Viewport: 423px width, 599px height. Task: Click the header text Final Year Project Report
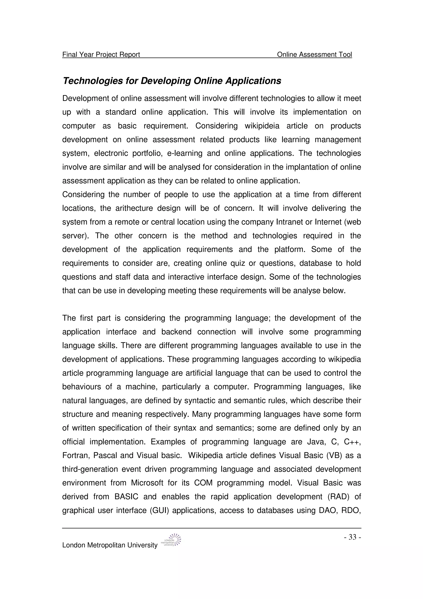point(101,55)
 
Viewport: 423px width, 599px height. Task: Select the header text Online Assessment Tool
point(314,55)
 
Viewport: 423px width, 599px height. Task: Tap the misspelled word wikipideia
point(262,126)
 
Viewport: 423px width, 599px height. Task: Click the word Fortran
point(75,456)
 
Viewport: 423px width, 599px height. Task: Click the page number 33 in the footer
point(352,537)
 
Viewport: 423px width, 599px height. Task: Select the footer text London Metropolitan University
point(110,545)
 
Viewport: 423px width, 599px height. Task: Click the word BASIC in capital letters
point(126,497)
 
